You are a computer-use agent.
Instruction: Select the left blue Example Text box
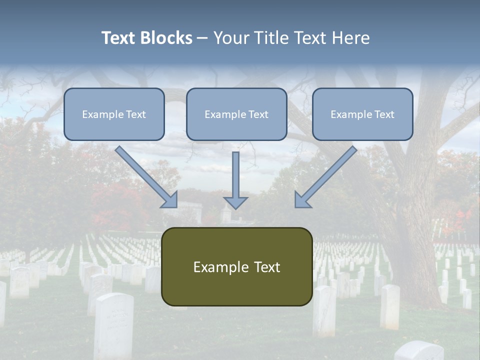114,114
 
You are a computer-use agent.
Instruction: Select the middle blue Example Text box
236,114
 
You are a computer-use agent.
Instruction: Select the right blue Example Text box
362,114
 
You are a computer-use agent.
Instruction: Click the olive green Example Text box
236,266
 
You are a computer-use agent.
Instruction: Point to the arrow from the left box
145,176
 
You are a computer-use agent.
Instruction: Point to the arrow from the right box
327,176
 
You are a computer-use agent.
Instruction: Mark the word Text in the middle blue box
258,114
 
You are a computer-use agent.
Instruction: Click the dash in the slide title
202,38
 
